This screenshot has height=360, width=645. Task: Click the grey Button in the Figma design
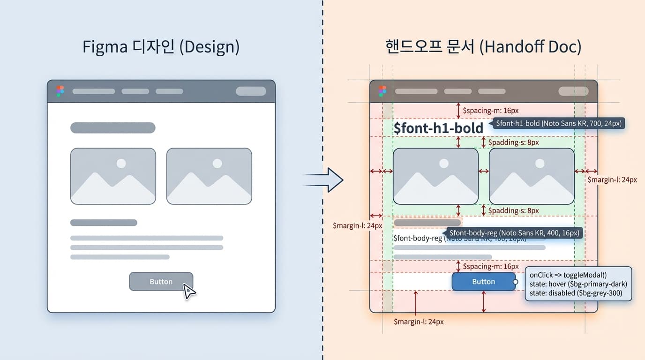click(161, 281)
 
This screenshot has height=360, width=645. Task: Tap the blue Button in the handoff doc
click(483, 281)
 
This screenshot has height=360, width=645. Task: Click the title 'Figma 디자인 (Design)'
click(161, 47)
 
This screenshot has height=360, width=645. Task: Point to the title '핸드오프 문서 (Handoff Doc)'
click(483, 47)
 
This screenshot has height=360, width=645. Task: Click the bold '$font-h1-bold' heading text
click(438, 128)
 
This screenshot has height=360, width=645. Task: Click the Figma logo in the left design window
click(60, 91)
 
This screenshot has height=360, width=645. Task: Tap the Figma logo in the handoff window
click(382, 91)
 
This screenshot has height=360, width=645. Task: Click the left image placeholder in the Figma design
click(113, 176)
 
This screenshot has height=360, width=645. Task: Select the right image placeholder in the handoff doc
click(532, 176)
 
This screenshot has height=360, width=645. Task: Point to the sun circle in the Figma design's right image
click(217, 163)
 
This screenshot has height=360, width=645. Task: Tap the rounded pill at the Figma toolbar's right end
click(251, 91)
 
